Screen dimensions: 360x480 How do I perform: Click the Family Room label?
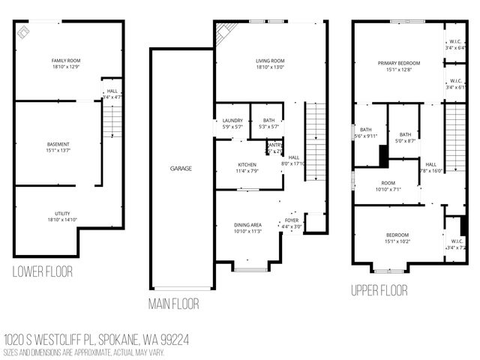(x=66, y=60)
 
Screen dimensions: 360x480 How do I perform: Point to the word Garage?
(x=181, y=169)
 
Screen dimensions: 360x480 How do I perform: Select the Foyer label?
(x=291, y=220)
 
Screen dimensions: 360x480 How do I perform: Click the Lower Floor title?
(x=43, y=271)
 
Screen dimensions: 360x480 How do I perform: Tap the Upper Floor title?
(x=379, y=289)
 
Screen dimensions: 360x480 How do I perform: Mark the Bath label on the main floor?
(x=268, y=121)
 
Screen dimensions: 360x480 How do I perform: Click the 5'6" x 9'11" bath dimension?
(x=369, y=136)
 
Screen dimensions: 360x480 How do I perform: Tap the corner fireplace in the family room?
(x=23, y=30)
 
